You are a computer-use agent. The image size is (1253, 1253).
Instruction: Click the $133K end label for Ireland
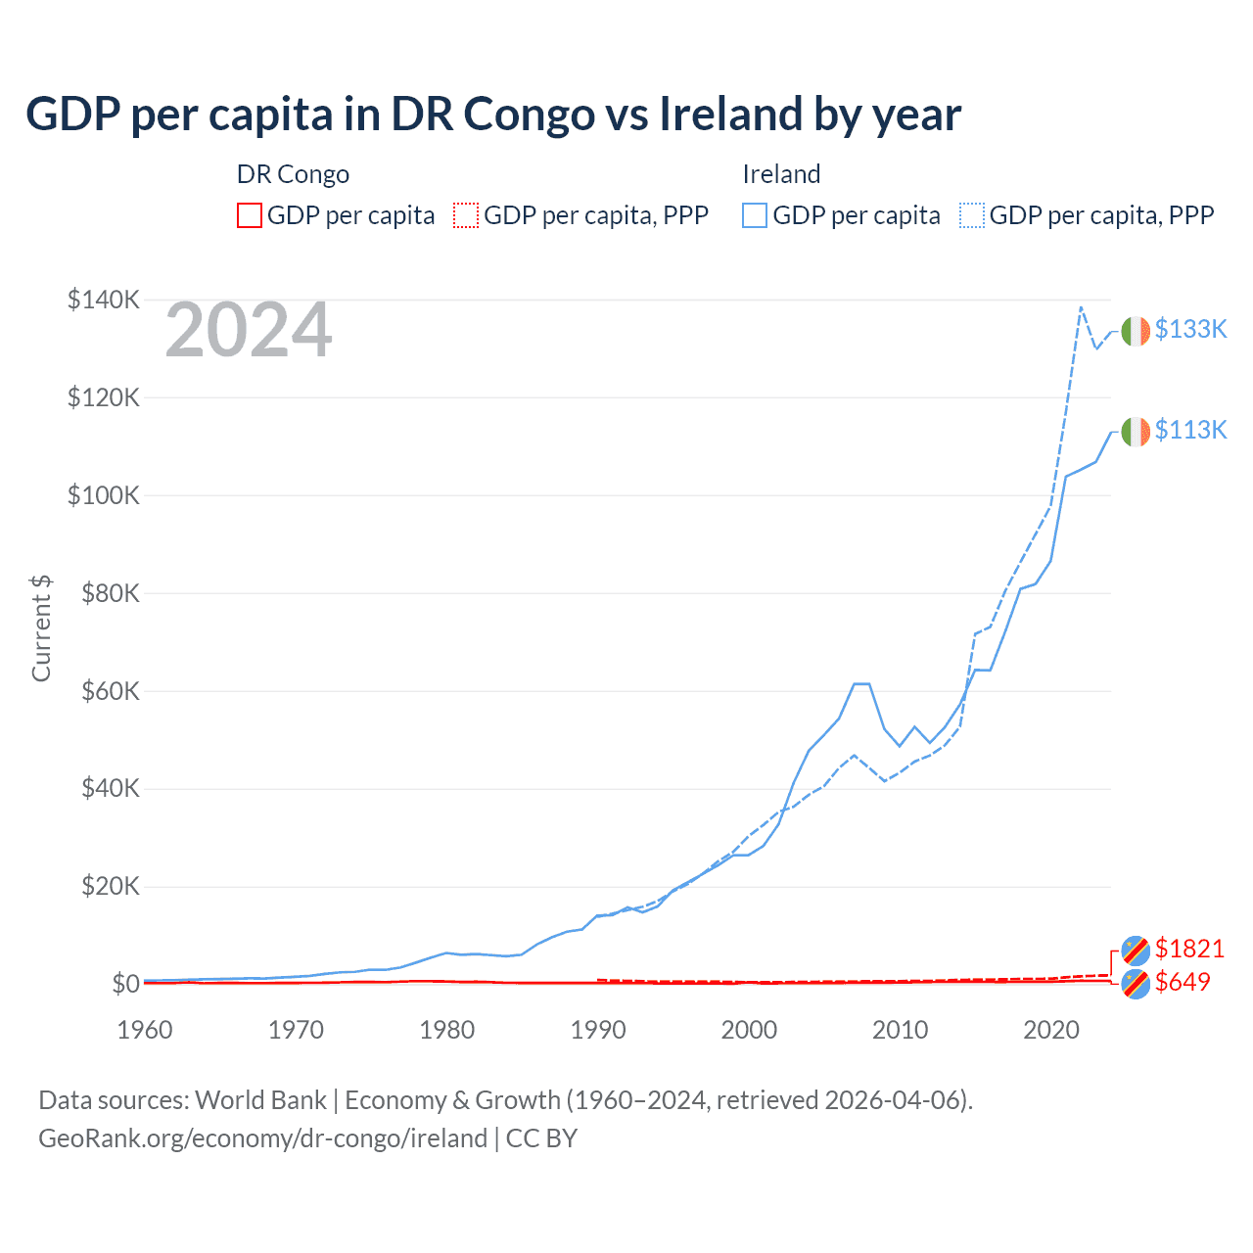(x=1190, y=329)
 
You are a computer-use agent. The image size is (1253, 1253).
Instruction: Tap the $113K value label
(x=1190, y=430)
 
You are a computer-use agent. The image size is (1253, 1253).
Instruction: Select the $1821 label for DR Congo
(x=1189, y=949)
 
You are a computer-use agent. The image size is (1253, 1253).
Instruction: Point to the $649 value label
(x=1183, y=982)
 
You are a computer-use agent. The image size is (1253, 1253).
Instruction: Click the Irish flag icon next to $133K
(x=1136, y=332)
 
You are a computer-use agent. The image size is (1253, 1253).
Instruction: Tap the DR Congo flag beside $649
(x=1136, y=984)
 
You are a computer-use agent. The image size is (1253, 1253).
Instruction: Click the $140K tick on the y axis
(x=104, y=300)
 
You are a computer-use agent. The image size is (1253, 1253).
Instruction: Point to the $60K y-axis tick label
(x=110, y=691)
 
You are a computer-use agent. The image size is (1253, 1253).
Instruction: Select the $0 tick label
(x=125, y=984)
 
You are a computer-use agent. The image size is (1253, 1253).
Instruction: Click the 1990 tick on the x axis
(x=598, y=1030)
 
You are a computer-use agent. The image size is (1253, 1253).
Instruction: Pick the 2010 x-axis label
(x=900, y=1030)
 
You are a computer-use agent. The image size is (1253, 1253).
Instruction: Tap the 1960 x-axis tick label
(x=145, y=1030)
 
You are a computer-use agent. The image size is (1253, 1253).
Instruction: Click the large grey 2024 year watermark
(x=249, y=331)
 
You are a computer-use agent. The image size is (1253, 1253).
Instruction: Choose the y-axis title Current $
(x=41, y=628)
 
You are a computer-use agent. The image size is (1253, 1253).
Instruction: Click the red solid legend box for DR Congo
(x=250, y=215)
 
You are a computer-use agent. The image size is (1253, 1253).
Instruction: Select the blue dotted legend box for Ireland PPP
(x=972, y=215)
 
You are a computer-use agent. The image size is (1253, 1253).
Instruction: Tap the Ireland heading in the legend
(x=781, y=174)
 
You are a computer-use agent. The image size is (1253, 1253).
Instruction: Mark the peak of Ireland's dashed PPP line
(x=1081, y=307)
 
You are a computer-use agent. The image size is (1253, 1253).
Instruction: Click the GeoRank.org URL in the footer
(x=262, y=1138)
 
